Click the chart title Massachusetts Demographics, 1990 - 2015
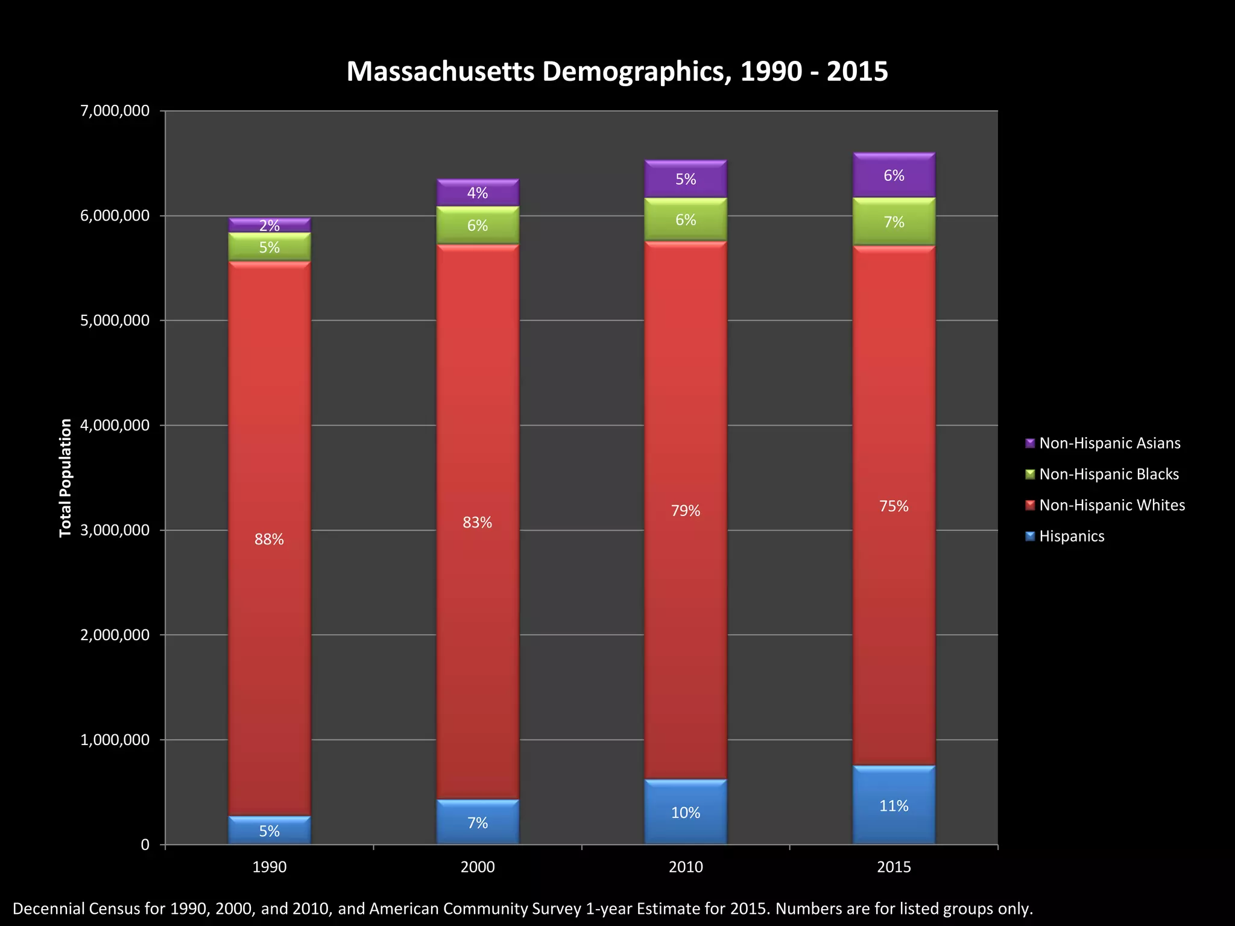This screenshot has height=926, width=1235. (617, 71)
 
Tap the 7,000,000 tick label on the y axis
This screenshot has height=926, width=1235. (115, 111)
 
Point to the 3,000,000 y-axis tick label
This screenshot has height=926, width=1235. (115, 531)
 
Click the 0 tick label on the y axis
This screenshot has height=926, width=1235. (145, 845)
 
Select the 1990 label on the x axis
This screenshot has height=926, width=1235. (269, 867)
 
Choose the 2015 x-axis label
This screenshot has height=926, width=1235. (894, 867)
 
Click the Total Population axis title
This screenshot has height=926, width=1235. (65, 477)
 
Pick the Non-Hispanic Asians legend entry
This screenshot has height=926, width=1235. (1110, 443)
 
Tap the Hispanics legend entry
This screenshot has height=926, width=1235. (1072, 536)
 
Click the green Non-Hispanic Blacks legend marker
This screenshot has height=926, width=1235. (1030, 474)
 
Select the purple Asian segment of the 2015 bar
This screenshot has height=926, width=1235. (894, 175)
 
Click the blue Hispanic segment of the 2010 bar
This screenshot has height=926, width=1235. (686, 813)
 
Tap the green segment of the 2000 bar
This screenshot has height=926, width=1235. (478, 225)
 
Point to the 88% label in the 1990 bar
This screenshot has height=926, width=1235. (269, 539)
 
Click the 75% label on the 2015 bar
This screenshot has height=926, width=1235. (894, 506)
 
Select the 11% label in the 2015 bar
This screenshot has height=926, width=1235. (894, 805)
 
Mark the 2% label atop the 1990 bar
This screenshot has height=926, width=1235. (269, 225)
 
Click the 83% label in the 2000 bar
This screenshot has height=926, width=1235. (478, 522)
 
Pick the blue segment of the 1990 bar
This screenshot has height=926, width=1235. (269, 831)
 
